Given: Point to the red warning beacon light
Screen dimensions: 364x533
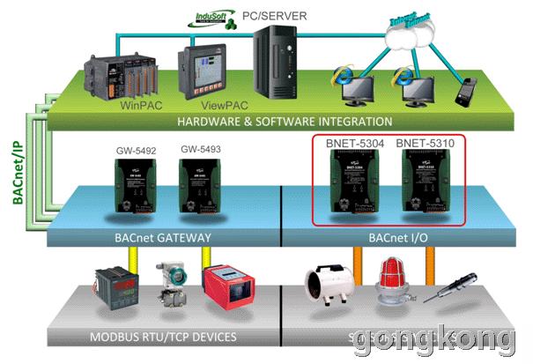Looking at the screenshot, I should (390, 284).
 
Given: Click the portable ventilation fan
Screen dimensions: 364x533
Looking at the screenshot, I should (325, 289).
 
